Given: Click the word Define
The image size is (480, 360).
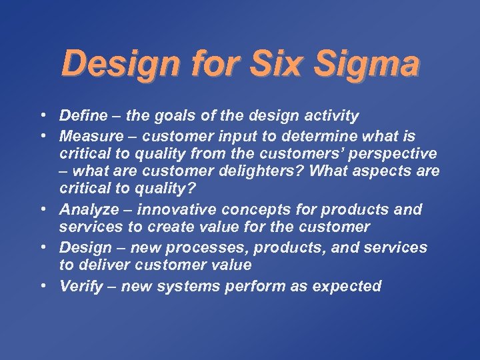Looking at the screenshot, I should (83, 116).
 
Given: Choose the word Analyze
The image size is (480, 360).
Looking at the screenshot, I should (88, 209).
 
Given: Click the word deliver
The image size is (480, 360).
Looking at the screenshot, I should (108, 265).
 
